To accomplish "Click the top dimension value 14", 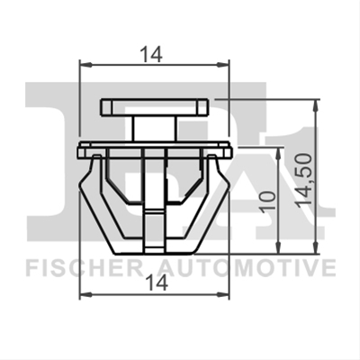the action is click(152, 55).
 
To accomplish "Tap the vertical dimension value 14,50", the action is click(302, 180).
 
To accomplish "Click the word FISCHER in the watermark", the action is click(85, 268).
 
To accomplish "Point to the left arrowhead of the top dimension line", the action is click(85, 65).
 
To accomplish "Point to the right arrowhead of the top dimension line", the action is click(223, 65).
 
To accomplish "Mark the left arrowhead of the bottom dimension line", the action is click(85, 294).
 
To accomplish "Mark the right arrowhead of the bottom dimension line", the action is click(223, 294).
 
